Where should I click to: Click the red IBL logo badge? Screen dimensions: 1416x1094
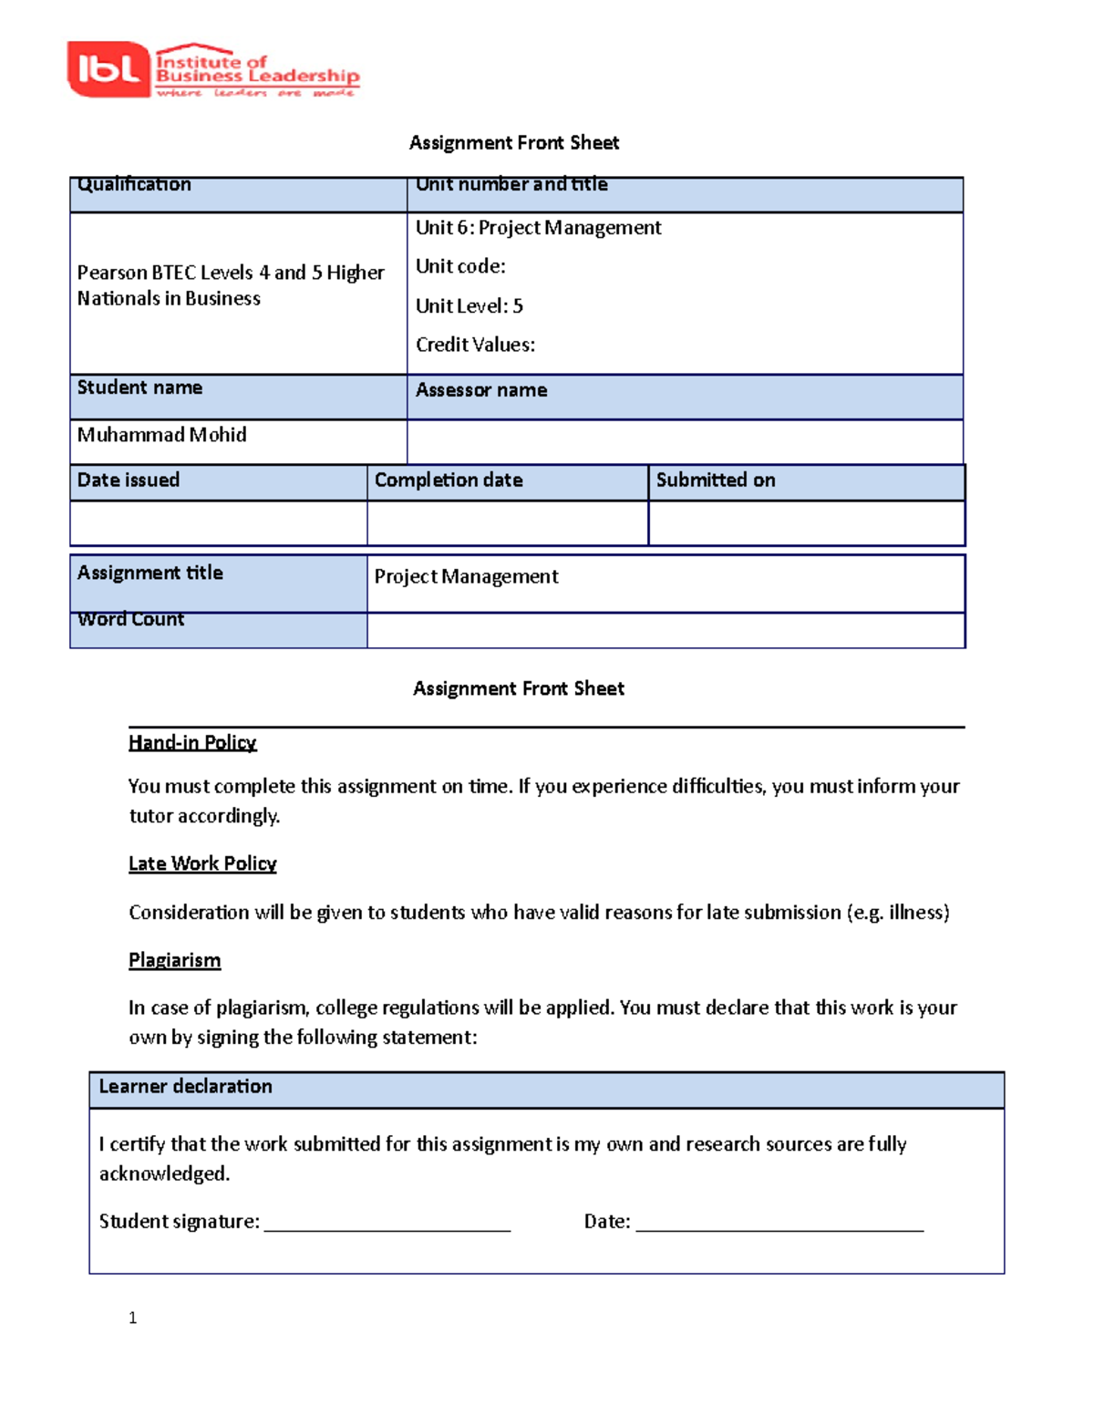108,69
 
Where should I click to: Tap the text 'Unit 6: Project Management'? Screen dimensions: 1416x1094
538,228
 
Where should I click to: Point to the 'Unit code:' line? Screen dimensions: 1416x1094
460,266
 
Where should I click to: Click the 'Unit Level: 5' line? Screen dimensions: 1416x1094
469,306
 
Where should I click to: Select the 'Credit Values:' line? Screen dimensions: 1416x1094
475,345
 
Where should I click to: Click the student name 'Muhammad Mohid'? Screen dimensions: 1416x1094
161,435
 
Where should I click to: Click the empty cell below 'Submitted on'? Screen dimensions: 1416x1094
806,523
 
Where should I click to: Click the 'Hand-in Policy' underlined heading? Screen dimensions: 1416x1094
192,743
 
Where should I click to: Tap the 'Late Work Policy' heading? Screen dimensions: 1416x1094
202,863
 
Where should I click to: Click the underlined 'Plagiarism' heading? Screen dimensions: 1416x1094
174,960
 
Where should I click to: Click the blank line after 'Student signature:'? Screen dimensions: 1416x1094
387,1224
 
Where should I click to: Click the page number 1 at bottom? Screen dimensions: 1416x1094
133,1318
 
